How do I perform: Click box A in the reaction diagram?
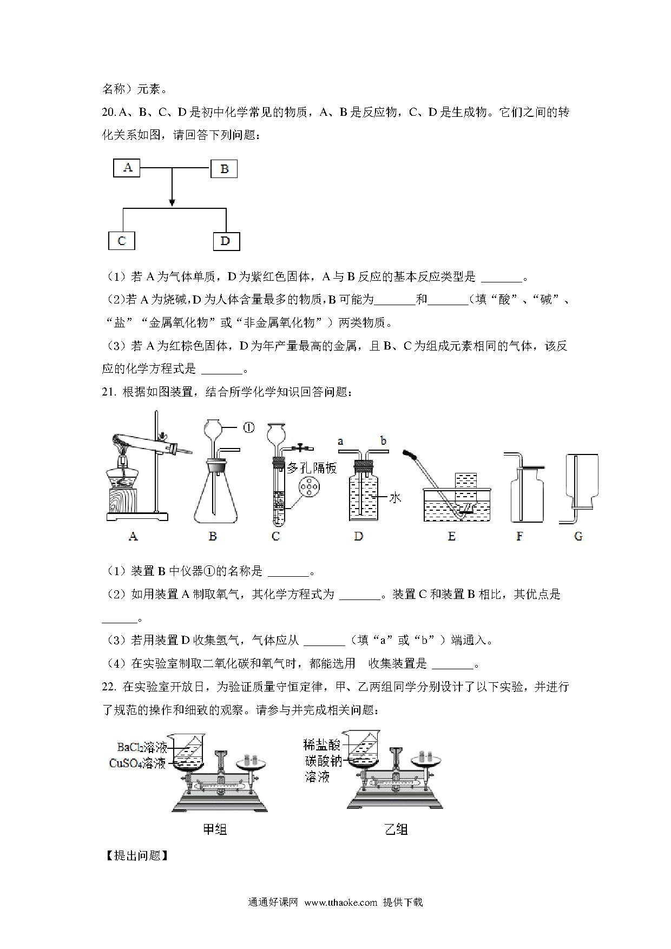pos(127,168)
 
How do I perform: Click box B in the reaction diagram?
pos(224,169)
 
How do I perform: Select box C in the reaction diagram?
pos(121,241)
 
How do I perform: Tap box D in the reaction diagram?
pos(226,241)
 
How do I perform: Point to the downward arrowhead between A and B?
pos(172,203)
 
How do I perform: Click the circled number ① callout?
pos(248,427)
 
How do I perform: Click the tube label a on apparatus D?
pos(340,441)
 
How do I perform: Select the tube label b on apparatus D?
pos(383,441)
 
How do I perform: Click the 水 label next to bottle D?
pos(396,497)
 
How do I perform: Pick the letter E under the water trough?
pos(451,536)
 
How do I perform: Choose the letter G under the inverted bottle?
pos(578,536)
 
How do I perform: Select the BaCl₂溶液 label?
pos(142,748)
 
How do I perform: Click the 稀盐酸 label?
pos(323,745)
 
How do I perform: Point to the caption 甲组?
pos(214,829)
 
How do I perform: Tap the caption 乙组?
pos(396,829)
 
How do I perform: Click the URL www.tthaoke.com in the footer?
pos(340,902)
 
